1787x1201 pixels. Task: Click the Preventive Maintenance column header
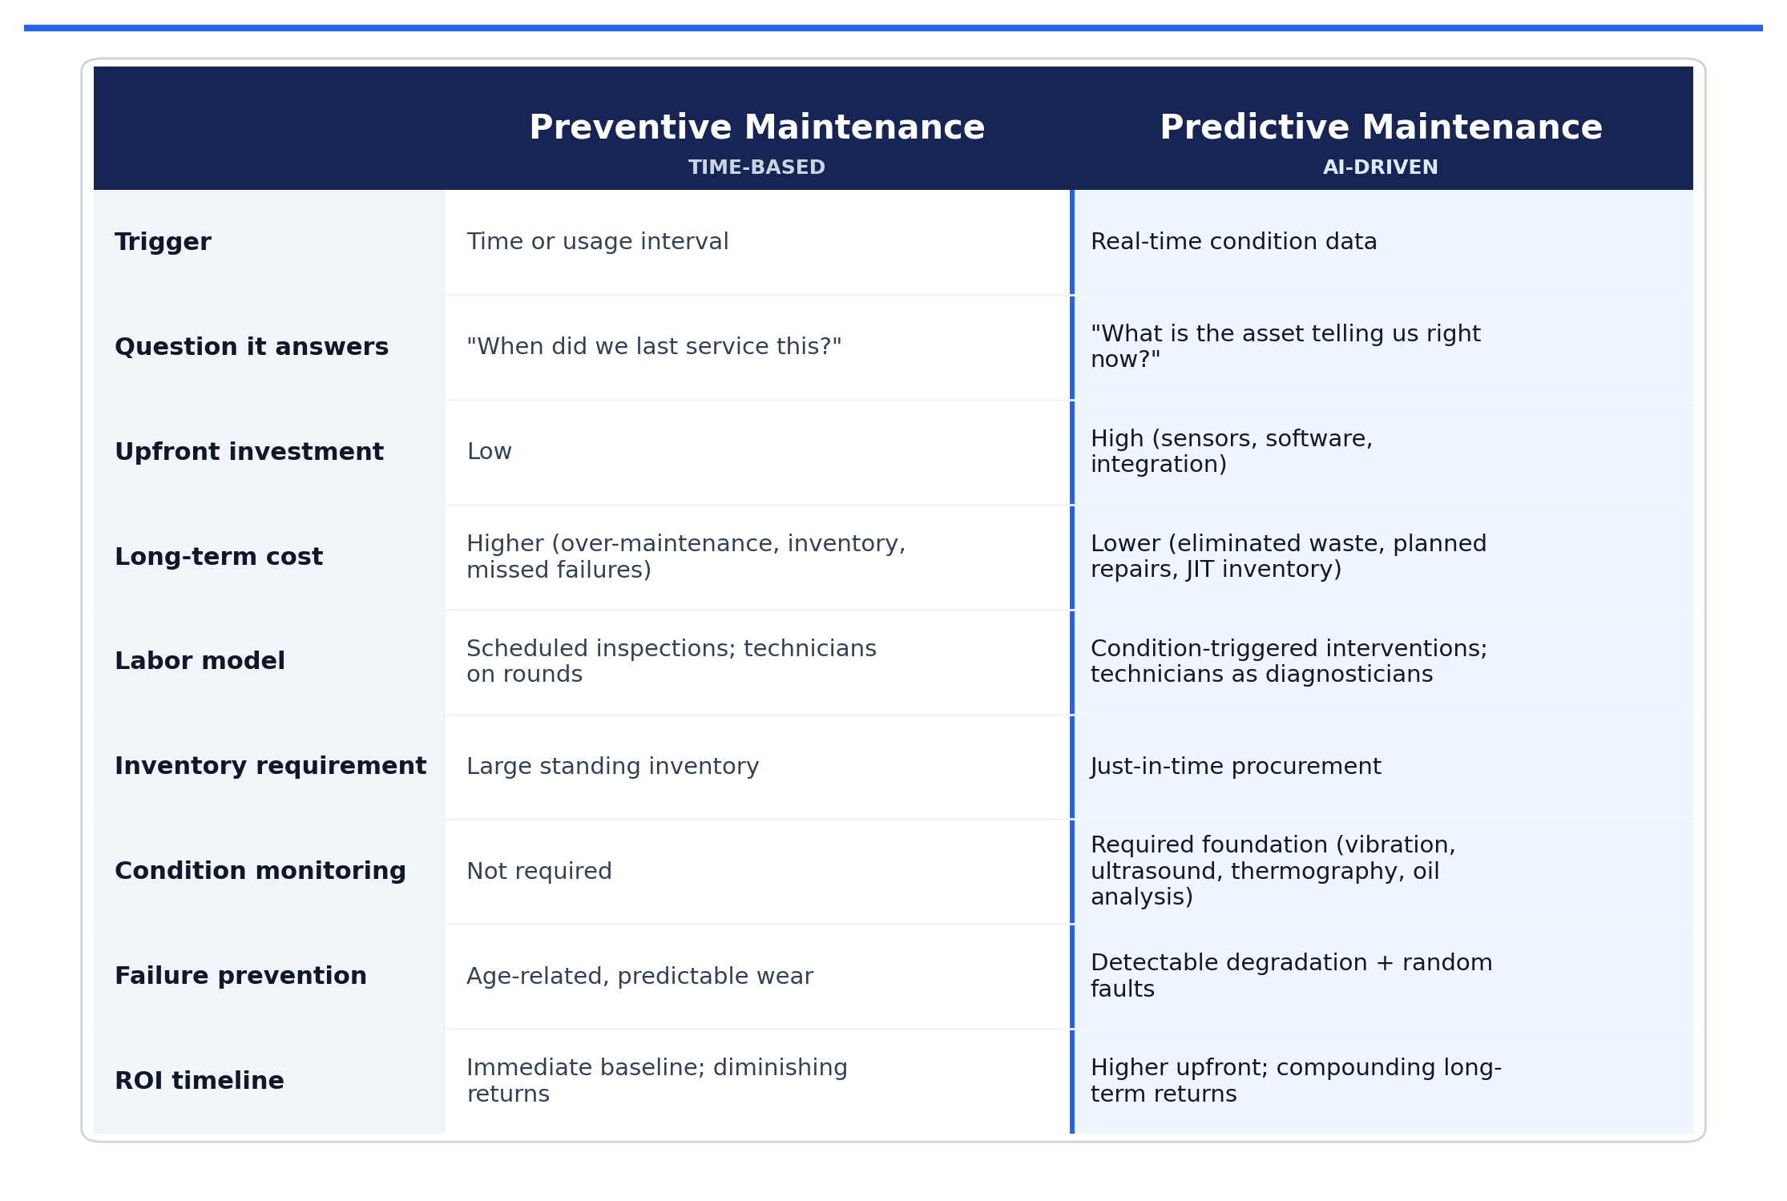[x=756, y=128]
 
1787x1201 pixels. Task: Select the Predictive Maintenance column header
[x=1381, y=128]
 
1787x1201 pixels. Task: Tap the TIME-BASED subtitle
[x=756, y=167]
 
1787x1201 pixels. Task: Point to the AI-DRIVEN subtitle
[x=1381, y=167]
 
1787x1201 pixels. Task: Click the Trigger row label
[x=163, y=242]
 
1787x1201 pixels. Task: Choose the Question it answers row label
[x=252, y=347]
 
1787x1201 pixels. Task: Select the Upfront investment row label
[x=249, y=452]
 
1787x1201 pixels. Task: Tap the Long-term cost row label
[x=219, y=557]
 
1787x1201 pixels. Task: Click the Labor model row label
[x=200, y=662]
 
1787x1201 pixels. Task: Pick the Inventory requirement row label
[x=271, y=767]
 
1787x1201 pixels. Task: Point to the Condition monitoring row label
[x=260, y=872]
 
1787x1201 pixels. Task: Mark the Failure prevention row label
[x=240, y=976]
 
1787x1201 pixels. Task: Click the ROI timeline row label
[x=200, y=1081]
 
